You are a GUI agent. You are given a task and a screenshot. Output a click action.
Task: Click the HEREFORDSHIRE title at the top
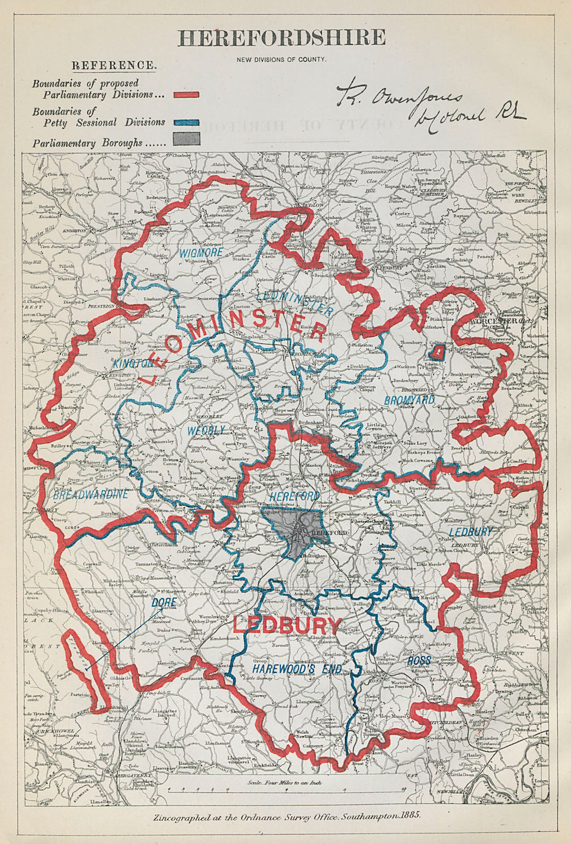click(281, 37)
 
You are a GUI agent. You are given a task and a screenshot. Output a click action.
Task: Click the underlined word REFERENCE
click(113, 65)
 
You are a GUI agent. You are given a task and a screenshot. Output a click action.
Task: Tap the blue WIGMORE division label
click(201, 253)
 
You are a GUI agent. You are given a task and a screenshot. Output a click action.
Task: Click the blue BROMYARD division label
click(409, 400)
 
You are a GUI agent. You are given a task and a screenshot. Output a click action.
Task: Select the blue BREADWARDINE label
click(90, 494)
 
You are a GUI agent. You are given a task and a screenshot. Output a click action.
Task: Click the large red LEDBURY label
click(287, 626)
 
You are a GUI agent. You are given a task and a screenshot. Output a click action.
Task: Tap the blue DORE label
click(164, 602)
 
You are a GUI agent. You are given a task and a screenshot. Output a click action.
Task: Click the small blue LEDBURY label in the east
click(470, 532)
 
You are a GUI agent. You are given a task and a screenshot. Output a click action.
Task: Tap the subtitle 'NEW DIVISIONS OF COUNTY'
click(281, 59)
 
